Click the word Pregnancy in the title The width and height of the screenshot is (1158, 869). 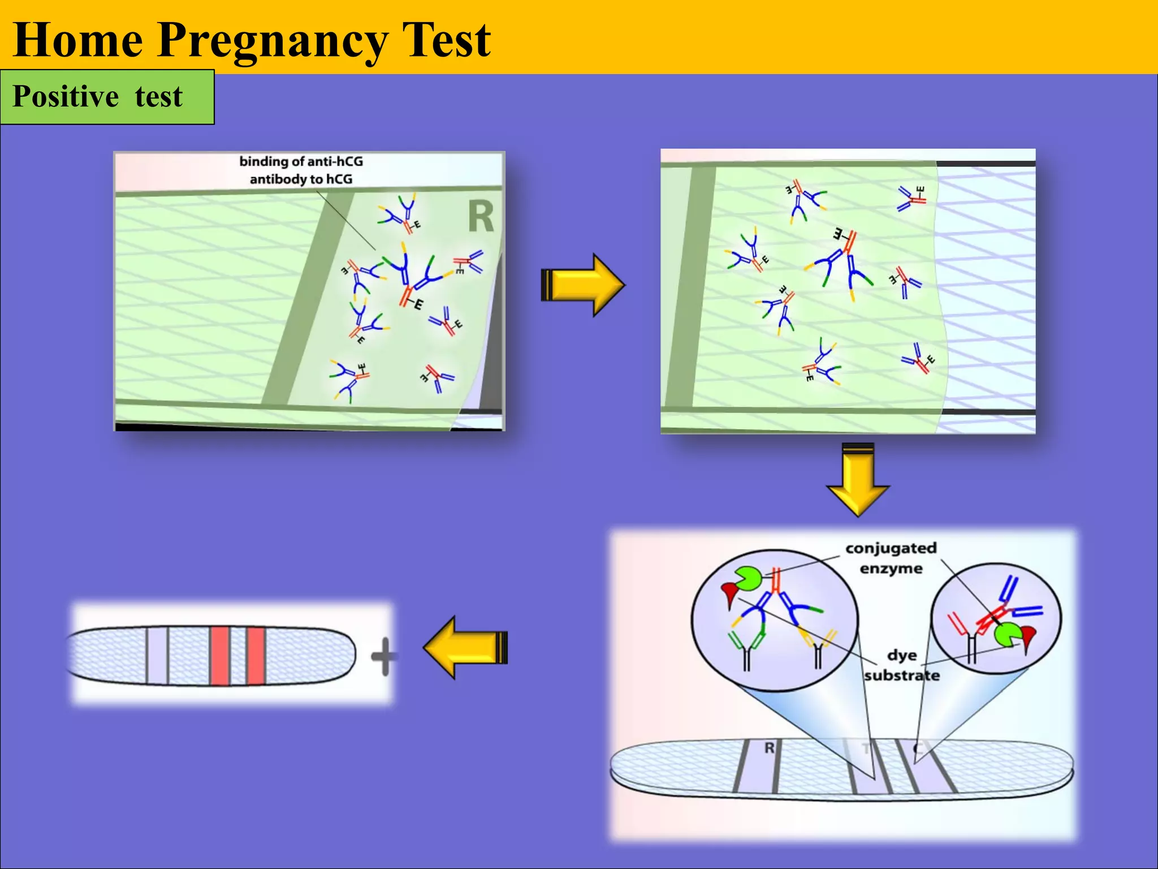273,41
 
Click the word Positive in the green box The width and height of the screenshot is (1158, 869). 66,96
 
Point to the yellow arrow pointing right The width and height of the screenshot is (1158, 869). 582,285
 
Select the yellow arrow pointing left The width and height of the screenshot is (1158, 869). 465,647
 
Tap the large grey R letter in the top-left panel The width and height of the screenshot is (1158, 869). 481,217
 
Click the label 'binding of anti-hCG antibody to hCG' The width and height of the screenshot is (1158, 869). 301,170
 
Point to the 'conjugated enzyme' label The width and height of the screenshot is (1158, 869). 891,558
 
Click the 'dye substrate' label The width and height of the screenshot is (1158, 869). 902,665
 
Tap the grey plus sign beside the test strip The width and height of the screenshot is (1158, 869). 384,656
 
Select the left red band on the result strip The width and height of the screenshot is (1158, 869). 219,656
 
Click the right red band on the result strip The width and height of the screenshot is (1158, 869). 256,656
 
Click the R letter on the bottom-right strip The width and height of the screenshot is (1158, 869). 769,748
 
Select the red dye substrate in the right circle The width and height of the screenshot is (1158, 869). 1028,637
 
